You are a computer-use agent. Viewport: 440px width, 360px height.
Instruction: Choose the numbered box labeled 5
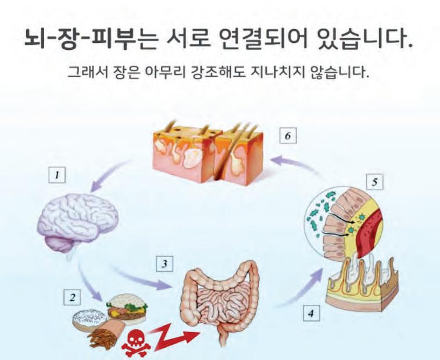point(375,182)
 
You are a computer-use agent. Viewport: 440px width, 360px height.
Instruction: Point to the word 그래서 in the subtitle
point(85,74)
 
